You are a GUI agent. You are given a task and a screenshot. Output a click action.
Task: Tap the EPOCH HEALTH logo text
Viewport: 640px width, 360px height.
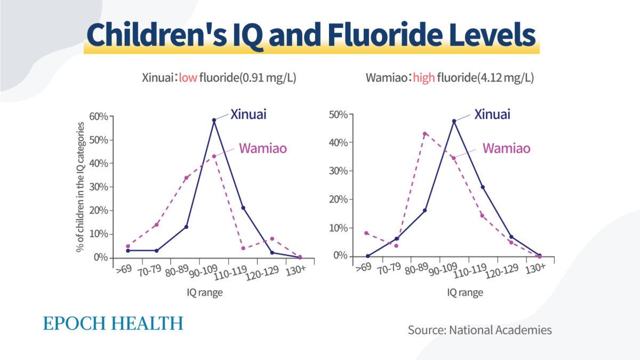pyautogui.click(x=113, y=323)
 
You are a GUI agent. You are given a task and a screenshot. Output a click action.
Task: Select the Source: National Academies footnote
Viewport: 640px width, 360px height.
pyautogui.click(x=479, y=330)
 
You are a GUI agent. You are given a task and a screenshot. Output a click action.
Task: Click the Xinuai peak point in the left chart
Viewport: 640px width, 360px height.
pyautogui.click(x=214, y=120)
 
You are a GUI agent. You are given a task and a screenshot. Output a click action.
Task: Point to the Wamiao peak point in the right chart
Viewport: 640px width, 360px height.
pyautogui.click(x=425, y=134)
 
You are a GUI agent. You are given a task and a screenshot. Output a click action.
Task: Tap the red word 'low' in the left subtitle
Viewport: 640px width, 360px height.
pyautogui.click(x=188, y=78)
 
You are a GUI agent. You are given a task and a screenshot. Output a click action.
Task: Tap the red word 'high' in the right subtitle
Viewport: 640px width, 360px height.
pyautogui.click(x=424, y=78)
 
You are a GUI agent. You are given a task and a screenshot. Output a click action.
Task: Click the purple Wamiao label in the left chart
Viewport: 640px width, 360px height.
pyautogui.click(x=262, y=148)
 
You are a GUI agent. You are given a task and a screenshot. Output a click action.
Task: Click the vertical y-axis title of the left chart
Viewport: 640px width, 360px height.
pyautogui.click(x=80, y=187)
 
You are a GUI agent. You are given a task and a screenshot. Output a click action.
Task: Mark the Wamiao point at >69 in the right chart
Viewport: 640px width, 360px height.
pyautogui.click(x=366, y=233)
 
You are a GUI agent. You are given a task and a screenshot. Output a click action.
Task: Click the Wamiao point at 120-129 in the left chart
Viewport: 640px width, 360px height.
pyautogui.click(x=272, y=239)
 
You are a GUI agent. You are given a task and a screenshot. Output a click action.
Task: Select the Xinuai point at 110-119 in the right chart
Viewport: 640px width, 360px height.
pyautogui.click(x=483, y=187)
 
